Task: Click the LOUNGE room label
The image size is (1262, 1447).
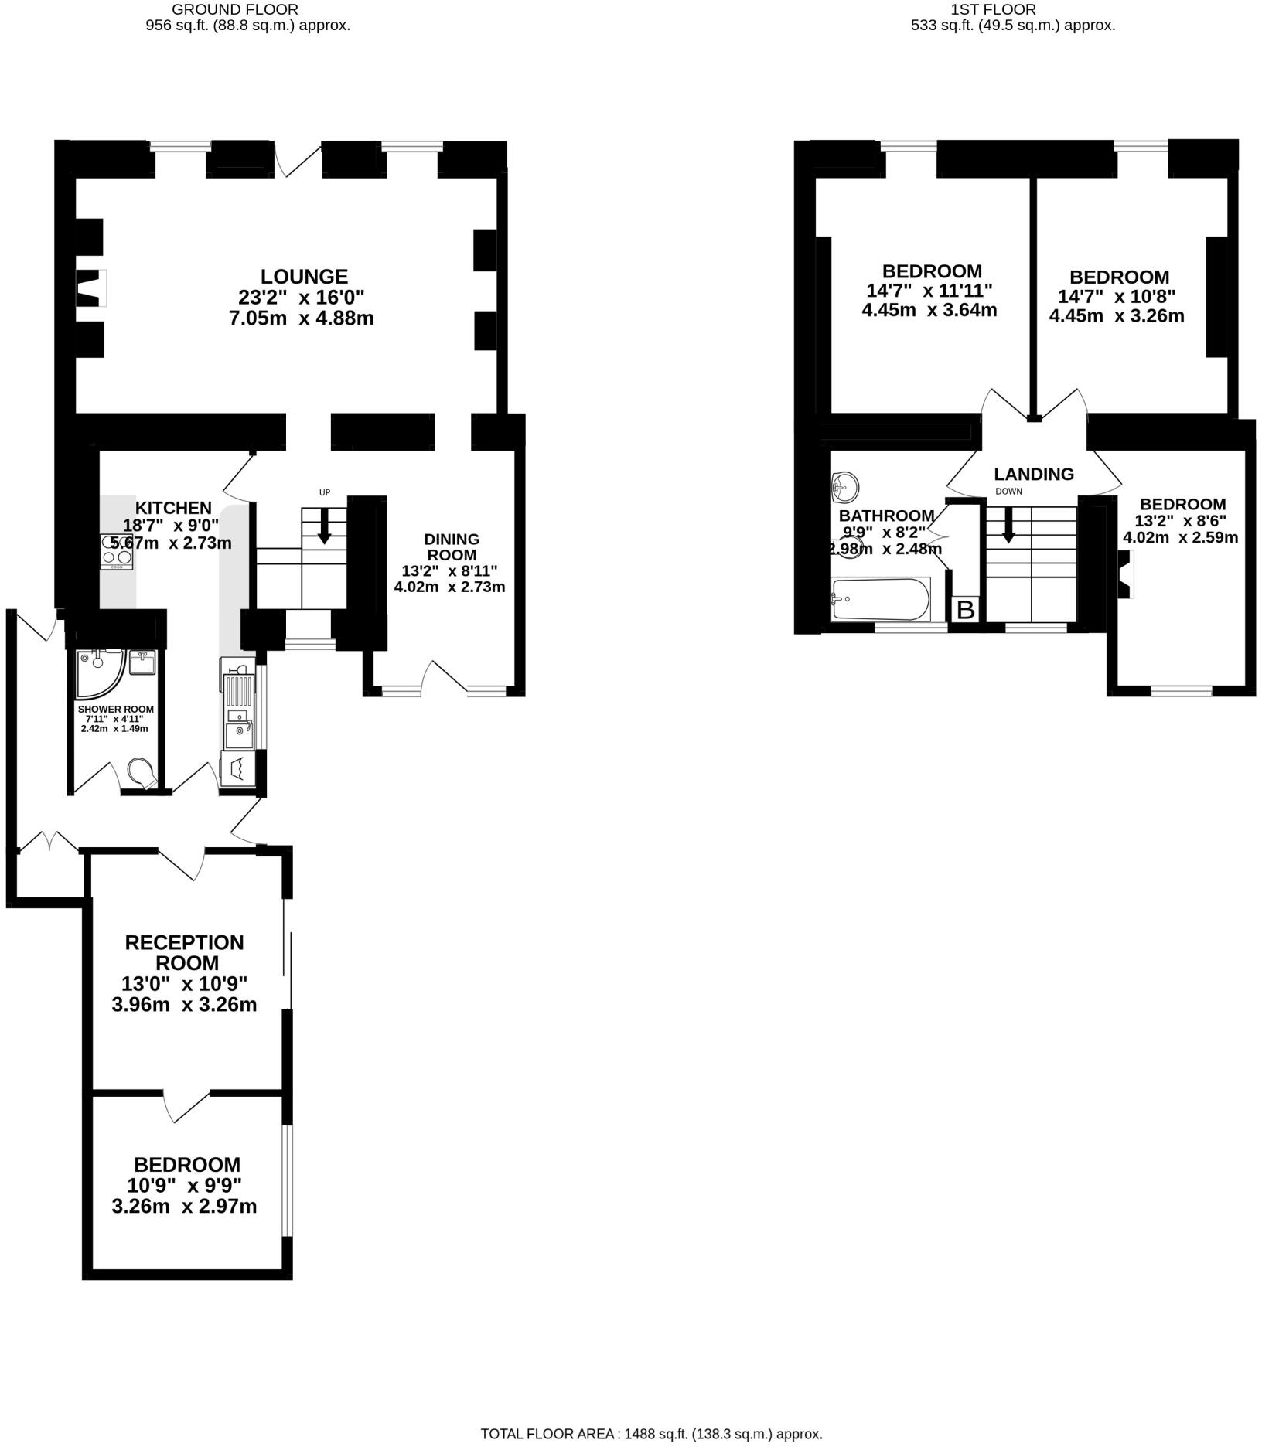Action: point(303,276)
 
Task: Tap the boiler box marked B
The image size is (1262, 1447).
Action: point(965,610)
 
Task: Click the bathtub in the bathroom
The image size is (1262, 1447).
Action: point(880,598)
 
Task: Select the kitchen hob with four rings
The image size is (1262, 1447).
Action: point(116,551)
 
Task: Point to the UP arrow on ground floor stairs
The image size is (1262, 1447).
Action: point(324,526)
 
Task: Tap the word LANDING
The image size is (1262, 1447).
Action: point(1033,474)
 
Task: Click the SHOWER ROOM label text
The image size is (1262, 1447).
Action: point(115,709)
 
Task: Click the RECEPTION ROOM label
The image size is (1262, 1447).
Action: point(184,952)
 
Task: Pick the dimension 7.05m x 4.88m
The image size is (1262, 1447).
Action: point(302,318)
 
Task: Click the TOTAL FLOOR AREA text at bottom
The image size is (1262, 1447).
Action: point(651,1434)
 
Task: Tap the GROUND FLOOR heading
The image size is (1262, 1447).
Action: point(234,9)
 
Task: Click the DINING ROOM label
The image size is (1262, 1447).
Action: point(452,546)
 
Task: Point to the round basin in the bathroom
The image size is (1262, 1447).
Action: point(845,487)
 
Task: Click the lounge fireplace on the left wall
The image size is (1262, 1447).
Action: point(90,288)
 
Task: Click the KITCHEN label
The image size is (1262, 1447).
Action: point(173,508)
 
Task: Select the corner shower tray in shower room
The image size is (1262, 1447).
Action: point(98,669)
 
